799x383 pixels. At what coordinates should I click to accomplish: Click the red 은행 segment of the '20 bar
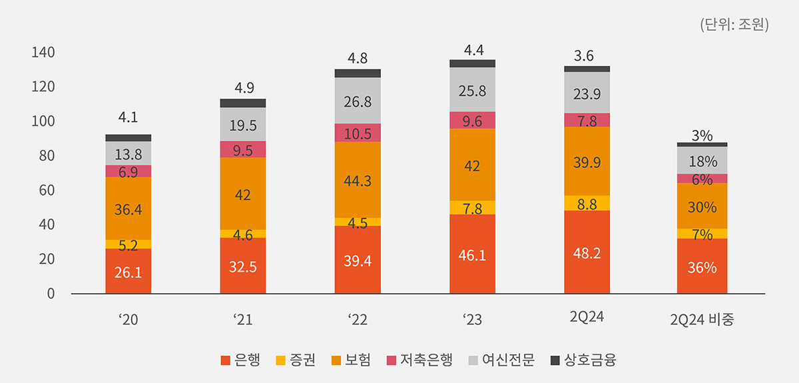[x=128, y=271]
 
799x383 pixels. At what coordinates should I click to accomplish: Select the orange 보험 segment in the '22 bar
[x=358, y=180]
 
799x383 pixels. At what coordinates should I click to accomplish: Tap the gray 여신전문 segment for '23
[x=472, y=90]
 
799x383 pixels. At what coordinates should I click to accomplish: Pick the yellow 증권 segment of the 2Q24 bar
[x=587, y=203]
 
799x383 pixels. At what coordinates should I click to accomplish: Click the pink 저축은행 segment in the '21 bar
[x=242, y=150]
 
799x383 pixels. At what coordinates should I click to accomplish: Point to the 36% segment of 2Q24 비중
[x=702, y=267]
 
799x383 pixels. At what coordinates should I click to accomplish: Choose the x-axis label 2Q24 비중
[x=702, y=319]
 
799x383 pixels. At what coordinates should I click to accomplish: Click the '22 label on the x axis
[x=358, y=319]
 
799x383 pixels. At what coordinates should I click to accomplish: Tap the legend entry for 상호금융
[x=583, y=360]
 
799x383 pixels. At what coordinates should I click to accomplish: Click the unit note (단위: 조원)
[x=734, y=25]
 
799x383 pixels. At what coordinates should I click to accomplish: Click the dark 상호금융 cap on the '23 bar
[x=472, y=63]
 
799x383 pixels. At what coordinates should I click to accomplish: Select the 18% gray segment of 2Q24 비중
[x=702, y=161]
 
